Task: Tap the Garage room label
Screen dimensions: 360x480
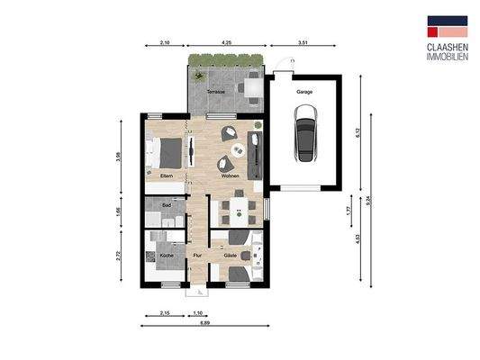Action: coord(306,92)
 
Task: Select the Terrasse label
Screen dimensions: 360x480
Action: coord(216,92)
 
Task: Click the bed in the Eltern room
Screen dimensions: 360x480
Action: coord(168,152)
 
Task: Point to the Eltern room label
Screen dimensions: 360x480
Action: coord(167,176)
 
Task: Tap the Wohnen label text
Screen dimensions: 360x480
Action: coord(230,176)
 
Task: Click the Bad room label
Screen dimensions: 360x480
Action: coord(167,205)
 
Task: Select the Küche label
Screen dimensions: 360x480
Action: coord(167,256)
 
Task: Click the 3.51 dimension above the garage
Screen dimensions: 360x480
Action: coord(303,43)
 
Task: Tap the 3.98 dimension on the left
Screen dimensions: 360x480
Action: coord(119,159)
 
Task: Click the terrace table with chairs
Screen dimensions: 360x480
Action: coord(250,87)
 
